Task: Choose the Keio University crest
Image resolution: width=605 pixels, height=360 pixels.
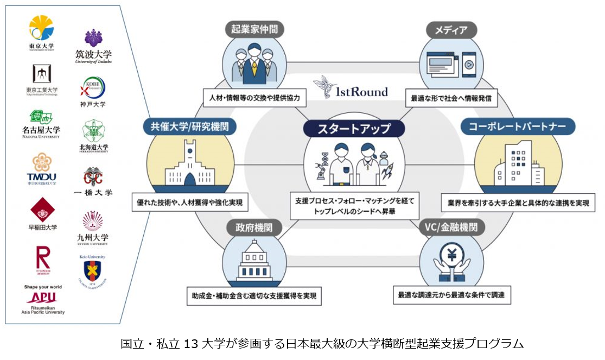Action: [x=92, y=271]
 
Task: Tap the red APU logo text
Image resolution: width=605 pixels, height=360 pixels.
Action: [x=41, y=298]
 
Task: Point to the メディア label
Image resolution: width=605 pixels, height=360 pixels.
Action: [x=451, y=29]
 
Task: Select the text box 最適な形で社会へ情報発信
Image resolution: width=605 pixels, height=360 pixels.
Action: [x=452, y=98]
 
